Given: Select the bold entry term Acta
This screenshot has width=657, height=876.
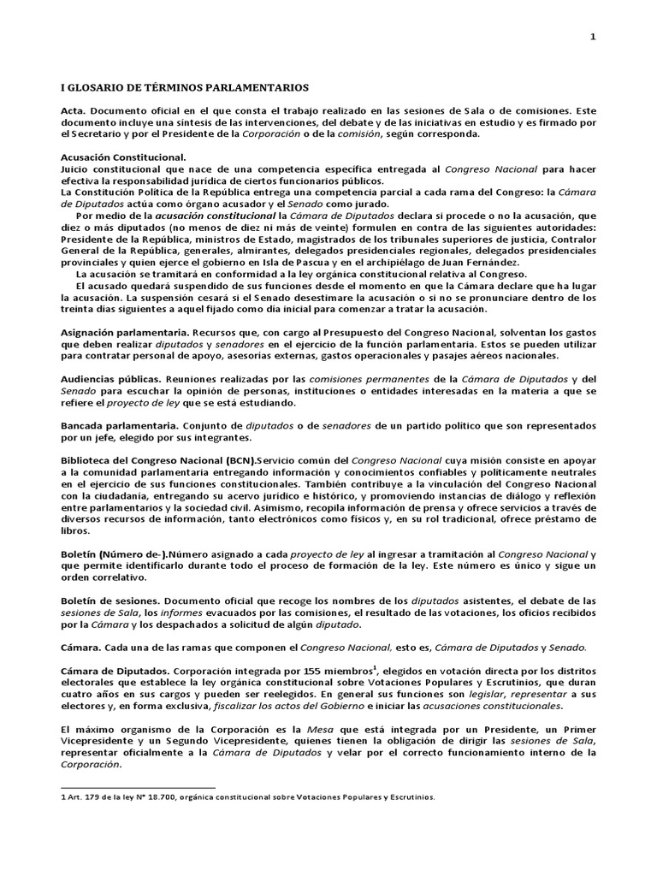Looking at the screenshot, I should pos(73,111).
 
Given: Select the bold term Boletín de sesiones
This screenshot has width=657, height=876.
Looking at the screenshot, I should pos(110,601).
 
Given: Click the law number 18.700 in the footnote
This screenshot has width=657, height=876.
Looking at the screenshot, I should pos(154,797).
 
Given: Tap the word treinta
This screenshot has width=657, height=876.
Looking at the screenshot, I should pos(80,309).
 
